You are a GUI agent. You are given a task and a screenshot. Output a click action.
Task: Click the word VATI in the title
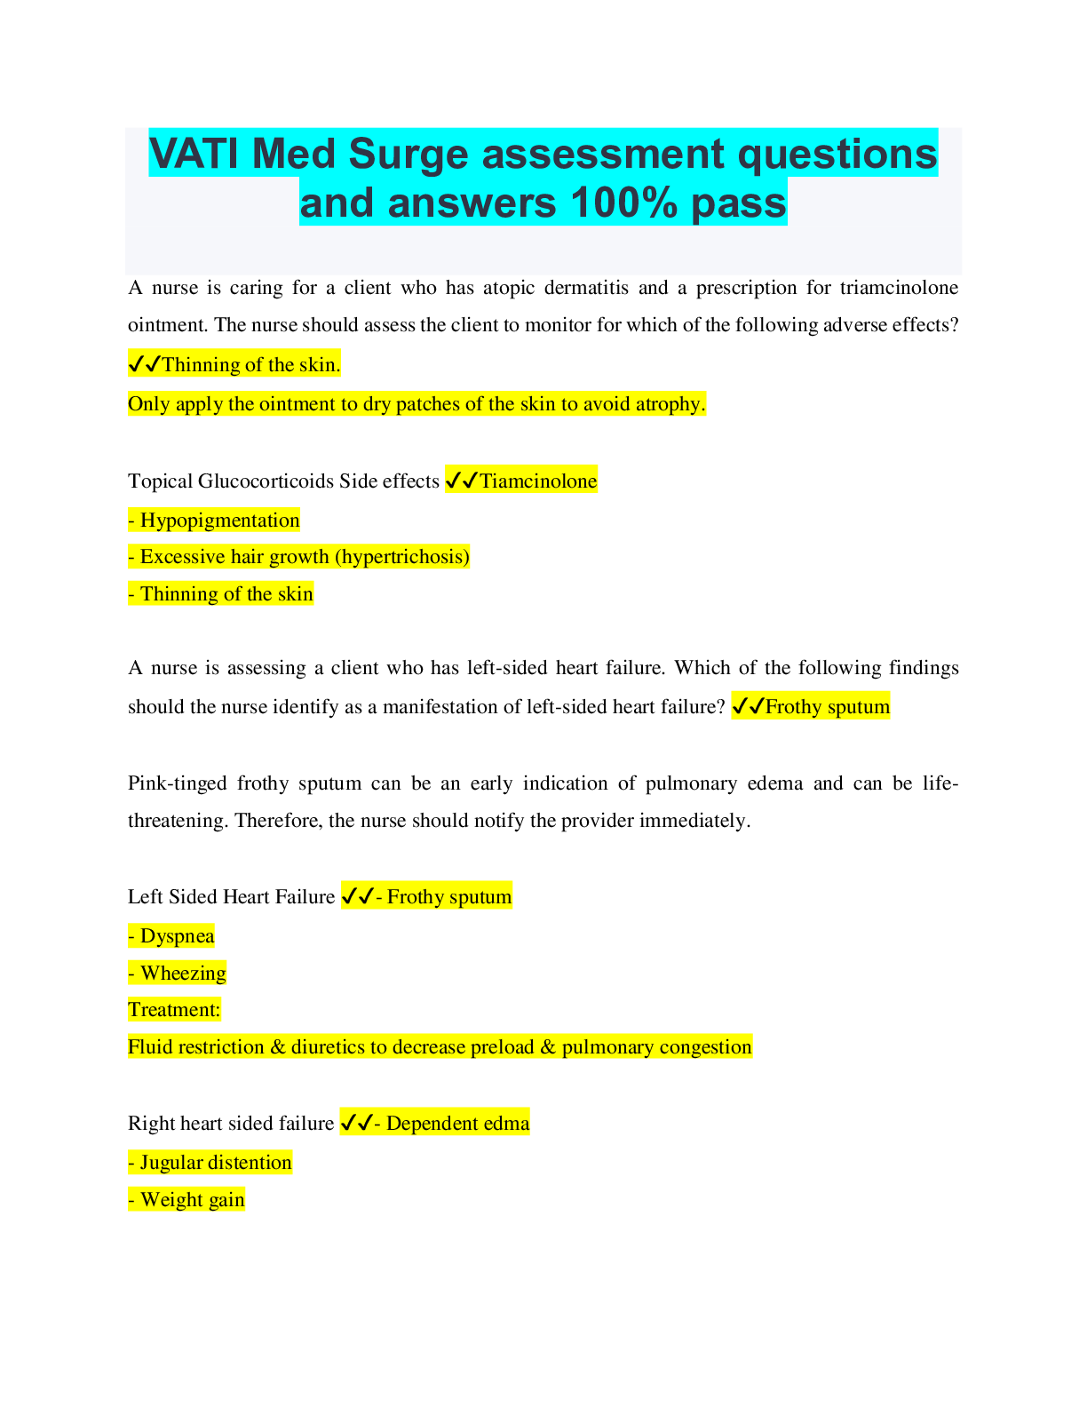pos(194,154)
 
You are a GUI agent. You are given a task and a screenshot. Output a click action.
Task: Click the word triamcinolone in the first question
pos(899,288)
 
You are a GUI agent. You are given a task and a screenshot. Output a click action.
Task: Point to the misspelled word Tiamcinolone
pos(538,481)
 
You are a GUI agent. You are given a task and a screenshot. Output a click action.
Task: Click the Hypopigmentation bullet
pos(214,520)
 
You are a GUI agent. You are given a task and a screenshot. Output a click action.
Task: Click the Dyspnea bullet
pos(171,936)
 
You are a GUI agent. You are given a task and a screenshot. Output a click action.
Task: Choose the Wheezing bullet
pos(178,974)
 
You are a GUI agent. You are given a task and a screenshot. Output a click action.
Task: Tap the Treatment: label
pos(175,1010)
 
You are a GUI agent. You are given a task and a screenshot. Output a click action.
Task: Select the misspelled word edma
pos(507,1124)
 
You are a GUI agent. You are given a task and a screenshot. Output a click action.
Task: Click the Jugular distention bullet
pos(210,1163)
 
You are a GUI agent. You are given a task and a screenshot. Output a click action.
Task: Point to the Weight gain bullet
pos(186,1200)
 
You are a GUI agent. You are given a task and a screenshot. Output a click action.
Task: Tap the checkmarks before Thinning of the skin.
pos(145,364)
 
